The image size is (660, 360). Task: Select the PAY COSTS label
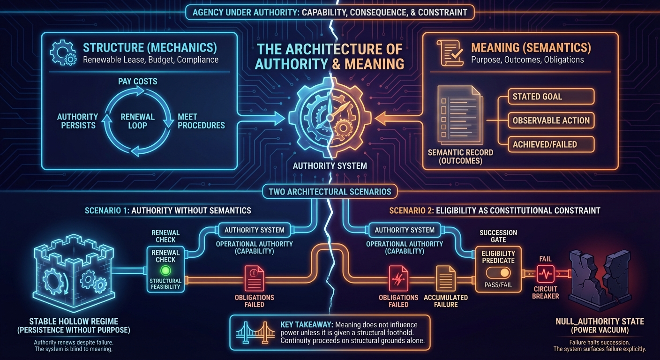tap(137, 81)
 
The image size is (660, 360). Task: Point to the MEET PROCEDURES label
tap(201, 121)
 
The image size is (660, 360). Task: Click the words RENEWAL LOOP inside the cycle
tap(137, 121)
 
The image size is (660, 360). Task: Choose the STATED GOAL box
tap(551, 97)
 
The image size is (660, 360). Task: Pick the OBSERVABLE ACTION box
tap(551, 120)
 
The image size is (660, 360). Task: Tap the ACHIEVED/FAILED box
tap(551, 144)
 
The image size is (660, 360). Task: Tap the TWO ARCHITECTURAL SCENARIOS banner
tap(330, 191)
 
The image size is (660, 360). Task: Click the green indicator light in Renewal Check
tap(165, 270)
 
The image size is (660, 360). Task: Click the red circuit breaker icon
tap(545, 273)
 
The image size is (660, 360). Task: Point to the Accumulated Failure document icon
tap(445, 277)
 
